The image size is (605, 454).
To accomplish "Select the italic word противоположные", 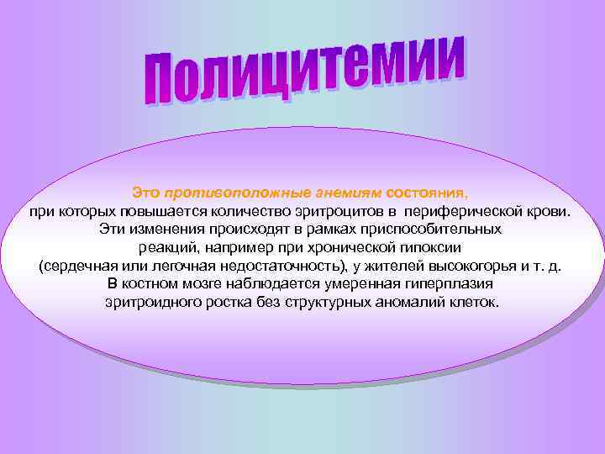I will click(x=218, y=192).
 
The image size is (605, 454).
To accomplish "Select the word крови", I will click(x=555, y=210).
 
